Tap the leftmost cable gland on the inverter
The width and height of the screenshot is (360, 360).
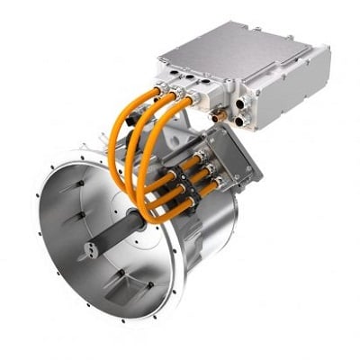(x=166, y=89)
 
